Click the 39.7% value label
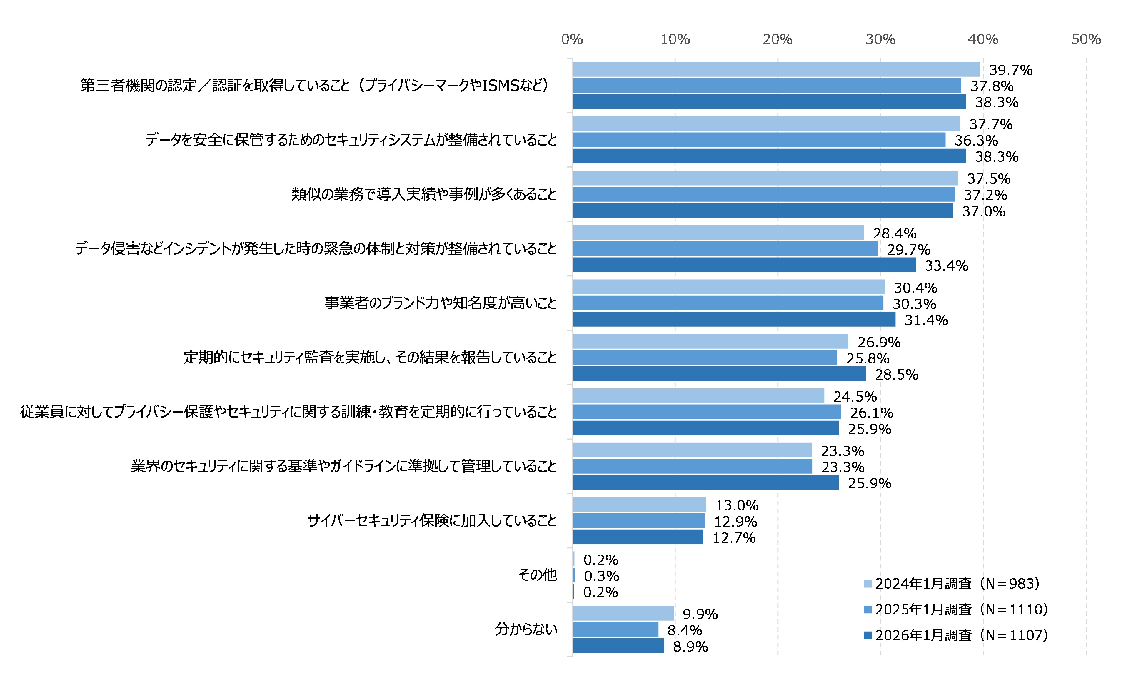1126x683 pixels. (x=1010, y=70)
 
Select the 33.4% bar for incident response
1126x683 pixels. (x=744, y=265)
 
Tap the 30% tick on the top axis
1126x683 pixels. (x=880, y=39)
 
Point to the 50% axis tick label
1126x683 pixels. (x=1086, y=39)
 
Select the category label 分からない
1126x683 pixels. (x=526, y=629)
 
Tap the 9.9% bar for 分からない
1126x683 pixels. (x=623, y=613)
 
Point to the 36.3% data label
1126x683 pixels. (x=976, y=140)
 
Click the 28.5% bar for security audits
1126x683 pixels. (x=719, y=374)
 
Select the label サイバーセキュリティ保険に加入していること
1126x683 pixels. (x=432, y=520)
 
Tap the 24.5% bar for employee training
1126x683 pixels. (x=698, y=396)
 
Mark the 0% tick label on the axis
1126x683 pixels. (x=572, y=39)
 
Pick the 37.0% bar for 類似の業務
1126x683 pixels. (x=762, y=211)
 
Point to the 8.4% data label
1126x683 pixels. (x=684, y=630)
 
